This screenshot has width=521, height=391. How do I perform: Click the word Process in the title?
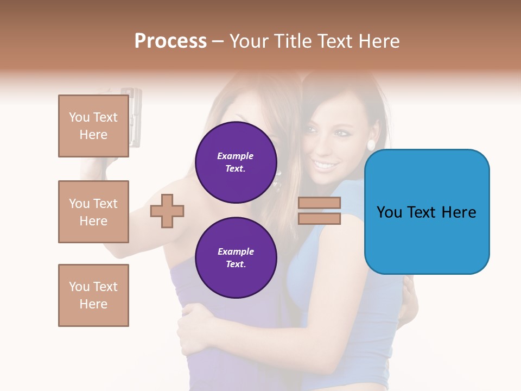[x=170, y=41]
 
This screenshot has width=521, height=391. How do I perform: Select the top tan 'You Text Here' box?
[x=93, y=126]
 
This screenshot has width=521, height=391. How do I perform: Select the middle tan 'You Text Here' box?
[x=93, y=212]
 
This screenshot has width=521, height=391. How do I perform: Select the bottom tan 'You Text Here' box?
[x=93, y=295]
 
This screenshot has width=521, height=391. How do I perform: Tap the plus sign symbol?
[x=167, y=211]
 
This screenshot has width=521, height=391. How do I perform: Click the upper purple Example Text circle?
[x=236, y=162]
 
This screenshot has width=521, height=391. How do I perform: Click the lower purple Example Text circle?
[x=236, y=258]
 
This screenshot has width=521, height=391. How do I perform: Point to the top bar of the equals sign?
[x=319, y=203]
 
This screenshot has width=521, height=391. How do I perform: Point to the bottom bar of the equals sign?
[x=319, y=218]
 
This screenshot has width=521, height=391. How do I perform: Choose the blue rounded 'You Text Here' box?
[x=427, y=212]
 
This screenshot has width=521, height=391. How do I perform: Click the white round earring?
[x=371, y=145]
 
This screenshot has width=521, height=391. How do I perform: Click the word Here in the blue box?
[x=459, y=212]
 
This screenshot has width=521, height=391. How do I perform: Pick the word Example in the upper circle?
[x=235, y=156]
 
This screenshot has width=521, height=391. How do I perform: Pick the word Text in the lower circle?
[x=235, y=264]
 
